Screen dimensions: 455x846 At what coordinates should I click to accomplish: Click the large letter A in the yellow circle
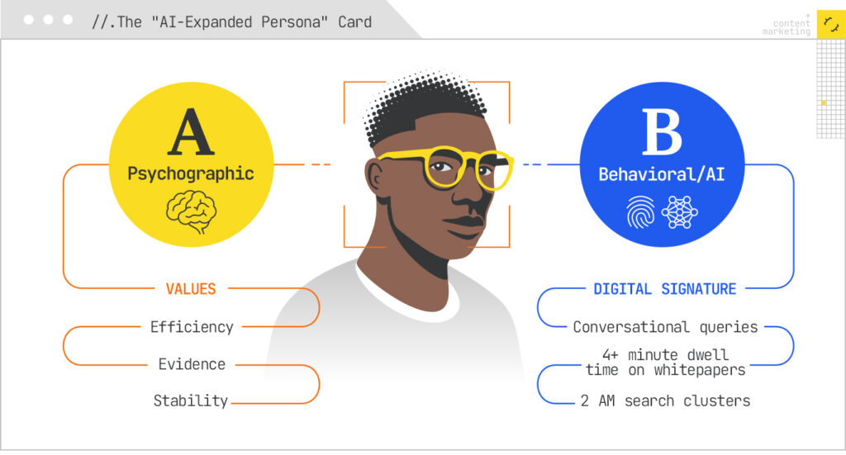pyautogui.click(x=190, y=135)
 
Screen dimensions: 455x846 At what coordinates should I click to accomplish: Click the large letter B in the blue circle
pyautogui.click(x=661, y=135)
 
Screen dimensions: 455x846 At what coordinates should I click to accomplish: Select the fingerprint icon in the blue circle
pyautogui.click(x=641, y=212)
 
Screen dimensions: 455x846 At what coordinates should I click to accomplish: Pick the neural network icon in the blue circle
pyautogui.click(x=680, y=212)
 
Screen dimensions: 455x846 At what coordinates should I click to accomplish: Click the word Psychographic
pyautogui.click(x=190, y=174)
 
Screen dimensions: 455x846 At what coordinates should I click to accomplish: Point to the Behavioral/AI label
pyautogui.click(x=661, y=175)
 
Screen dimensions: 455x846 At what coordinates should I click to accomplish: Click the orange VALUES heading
pyautogui.click(x=190, y=289)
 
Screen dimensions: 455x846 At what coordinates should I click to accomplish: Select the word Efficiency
pyautogui.click(x=192, y=327)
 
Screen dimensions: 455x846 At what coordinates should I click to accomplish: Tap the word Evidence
pyautogui.click(x=192, y=364)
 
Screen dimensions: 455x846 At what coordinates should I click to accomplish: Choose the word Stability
pyautogui.click(x=191, y=401)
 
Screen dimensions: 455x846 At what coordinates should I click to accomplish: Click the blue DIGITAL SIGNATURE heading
pyautogui.click(x=664, y=289)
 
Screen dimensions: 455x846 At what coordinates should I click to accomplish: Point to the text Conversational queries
pyautogui.click(x=665, y=327)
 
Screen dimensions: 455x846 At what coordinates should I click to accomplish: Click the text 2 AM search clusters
pyautogui.click(x=665, y=401)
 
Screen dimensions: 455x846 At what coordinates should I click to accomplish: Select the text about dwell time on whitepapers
pyautogui.click(x=665, y=363)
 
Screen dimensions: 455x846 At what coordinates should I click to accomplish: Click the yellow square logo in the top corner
pyautogui.click(x=829, y=24)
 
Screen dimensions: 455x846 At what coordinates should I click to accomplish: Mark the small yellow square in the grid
pyautogui.click(x=823, y=102)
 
